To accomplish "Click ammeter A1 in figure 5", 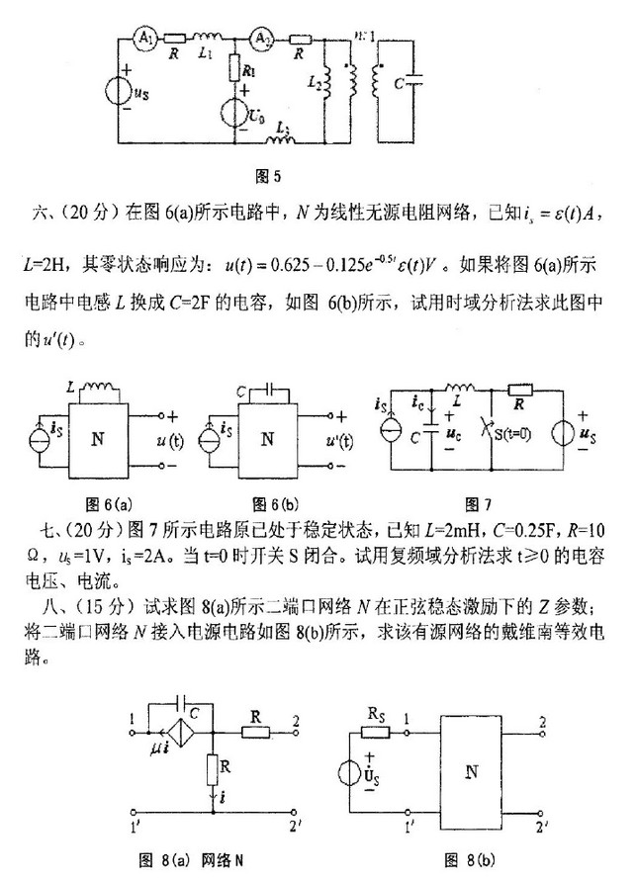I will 144,38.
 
